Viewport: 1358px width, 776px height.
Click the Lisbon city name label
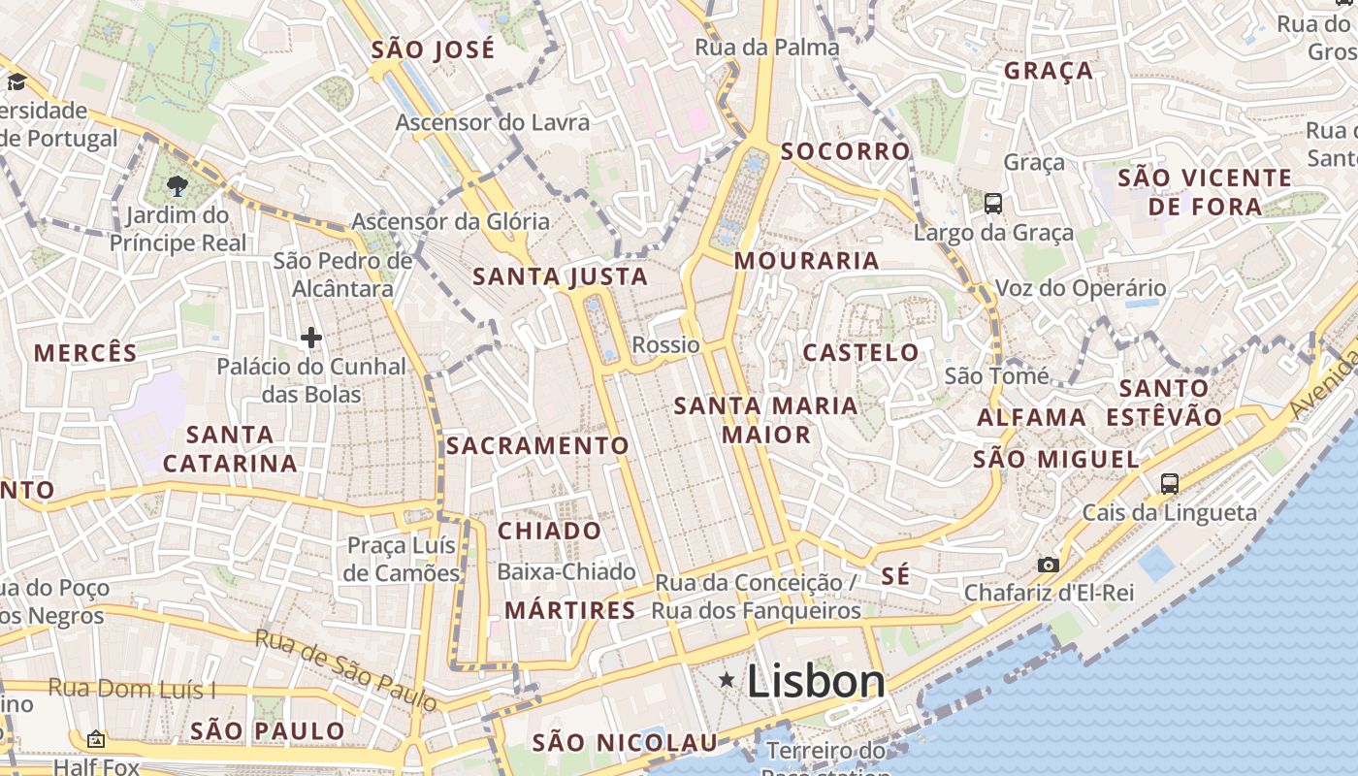[816, 681]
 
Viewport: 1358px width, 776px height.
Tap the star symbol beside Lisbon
[727, 681]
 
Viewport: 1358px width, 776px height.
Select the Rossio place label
[665, 344]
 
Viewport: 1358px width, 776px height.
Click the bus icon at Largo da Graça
[993, 204]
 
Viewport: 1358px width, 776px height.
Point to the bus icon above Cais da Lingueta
[1170, 483]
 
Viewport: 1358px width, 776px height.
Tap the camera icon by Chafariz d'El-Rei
[1048, 565]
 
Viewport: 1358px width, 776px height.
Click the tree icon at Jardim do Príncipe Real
[177, 186]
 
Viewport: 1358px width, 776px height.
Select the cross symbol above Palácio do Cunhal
[311, 338]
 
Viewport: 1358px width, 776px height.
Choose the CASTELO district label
[861, 352]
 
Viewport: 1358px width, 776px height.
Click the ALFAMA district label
[1031, 418]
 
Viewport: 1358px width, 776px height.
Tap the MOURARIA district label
[807, 260]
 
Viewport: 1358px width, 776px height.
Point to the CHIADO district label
[550, 532]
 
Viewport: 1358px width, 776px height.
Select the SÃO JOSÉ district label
[433, 49]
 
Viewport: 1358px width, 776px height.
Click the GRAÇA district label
[1049, 71]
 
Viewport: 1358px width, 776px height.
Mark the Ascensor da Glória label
[450, 221]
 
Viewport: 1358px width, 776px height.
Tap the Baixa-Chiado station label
[566, 572]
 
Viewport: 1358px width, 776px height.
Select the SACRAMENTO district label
[538, 445]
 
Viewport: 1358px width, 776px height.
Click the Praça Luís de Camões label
[403, 559]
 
